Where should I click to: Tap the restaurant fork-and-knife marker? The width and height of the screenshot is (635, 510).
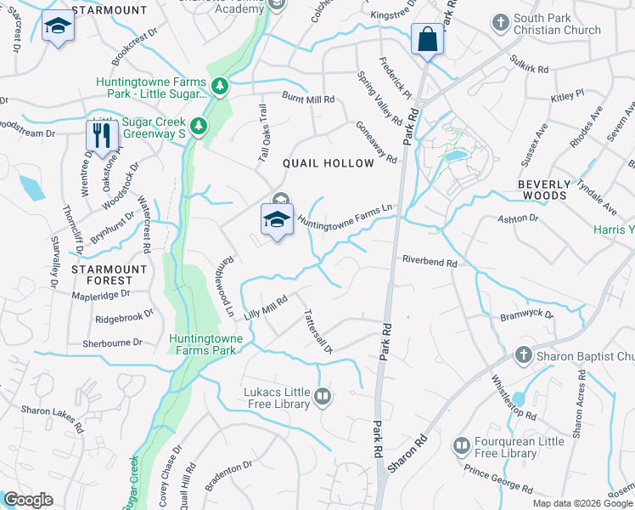point(102,135)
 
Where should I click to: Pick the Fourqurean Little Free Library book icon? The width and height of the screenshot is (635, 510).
point(461,445)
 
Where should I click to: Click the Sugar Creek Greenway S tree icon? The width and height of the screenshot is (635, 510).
point(199,127)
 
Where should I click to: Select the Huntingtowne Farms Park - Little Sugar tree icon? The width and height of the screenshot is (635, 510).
point(219,86)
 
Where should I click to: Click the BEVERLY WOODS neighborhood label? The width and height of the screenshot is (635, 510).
point(533,189)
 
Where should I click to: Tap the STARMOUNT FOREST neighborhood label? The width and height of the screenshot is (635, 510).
point(102,274)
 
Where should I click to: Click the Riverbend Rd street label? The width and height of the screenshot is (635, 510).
point(430,262)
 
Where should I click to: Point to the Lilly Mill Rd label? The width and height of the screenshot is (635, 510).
point(267,306)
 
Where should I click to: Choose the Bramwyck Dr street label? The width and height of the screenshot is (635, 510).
point(526,314)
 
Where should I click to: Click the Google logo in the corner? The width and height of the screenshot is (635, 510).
point(27,500)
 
